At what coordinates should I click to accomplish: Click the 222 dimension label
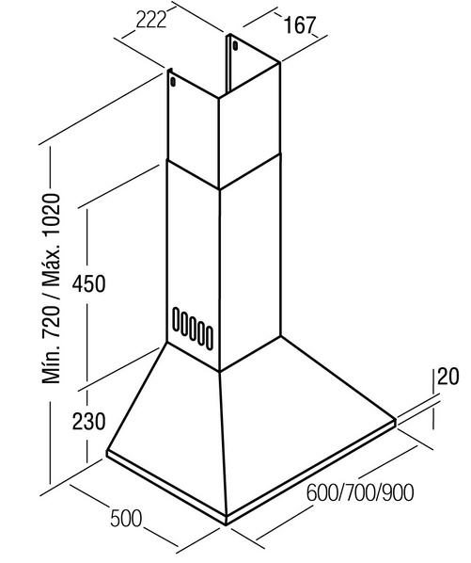(x=151, y=20)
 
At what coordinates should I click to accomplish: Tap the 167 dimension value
(x=299, y=25)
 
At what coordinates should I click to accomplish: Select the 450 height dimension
(x=89, y=284)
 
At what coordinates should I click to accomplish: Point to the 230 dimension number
(x=89, y=421)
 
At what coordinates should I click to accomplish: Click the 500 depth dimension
(x=126, y=519)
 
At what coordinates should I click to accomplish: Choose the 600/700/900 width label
(x=360, y=492)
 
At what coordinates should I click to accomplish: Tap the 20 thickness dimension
(x=448, y=377)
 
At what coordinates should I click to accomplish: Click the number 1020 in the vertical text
(x=52, y=215)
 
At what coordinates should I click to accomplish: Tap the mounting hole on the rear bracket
(x=235, y=46)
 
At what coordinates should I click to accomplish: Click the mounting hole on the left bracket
(x=173, y=82)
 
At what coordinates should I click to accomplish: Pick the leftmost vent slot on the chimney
(x=176, y=319)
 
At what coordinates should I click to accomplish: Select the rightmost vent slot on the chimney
(x=210, y=336)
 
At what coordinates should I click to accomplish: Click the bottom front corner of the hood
(x=226, y=525)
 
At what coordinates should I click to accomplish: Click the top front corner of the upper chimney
(x=219, y=98)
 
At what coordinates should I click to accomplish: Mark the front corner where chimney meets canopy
(x=219, y=371)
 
